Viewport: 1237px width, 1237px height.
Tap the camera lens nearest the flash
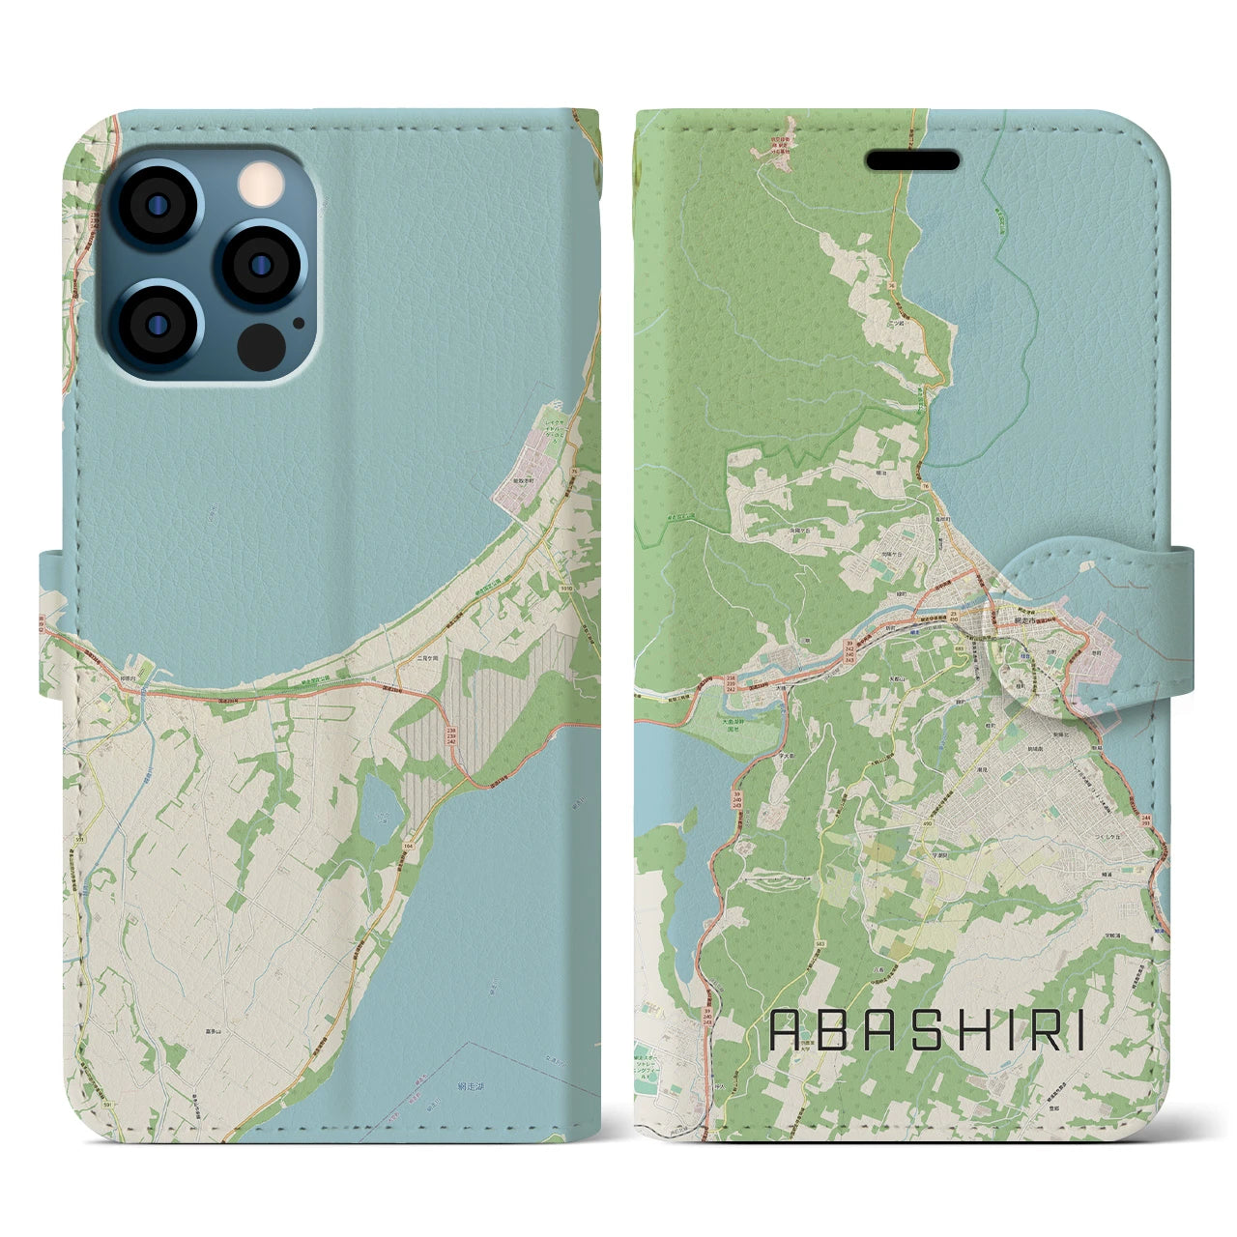[x=261, y=262]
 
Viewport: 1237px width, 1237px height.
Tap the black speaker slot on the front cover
[x=912, y=159]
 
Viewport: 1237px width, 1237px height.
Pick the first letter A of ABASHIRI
[x=785, y=1031]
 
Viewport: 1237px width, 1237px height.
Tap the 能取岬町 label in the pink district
[x=522, y=480]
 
